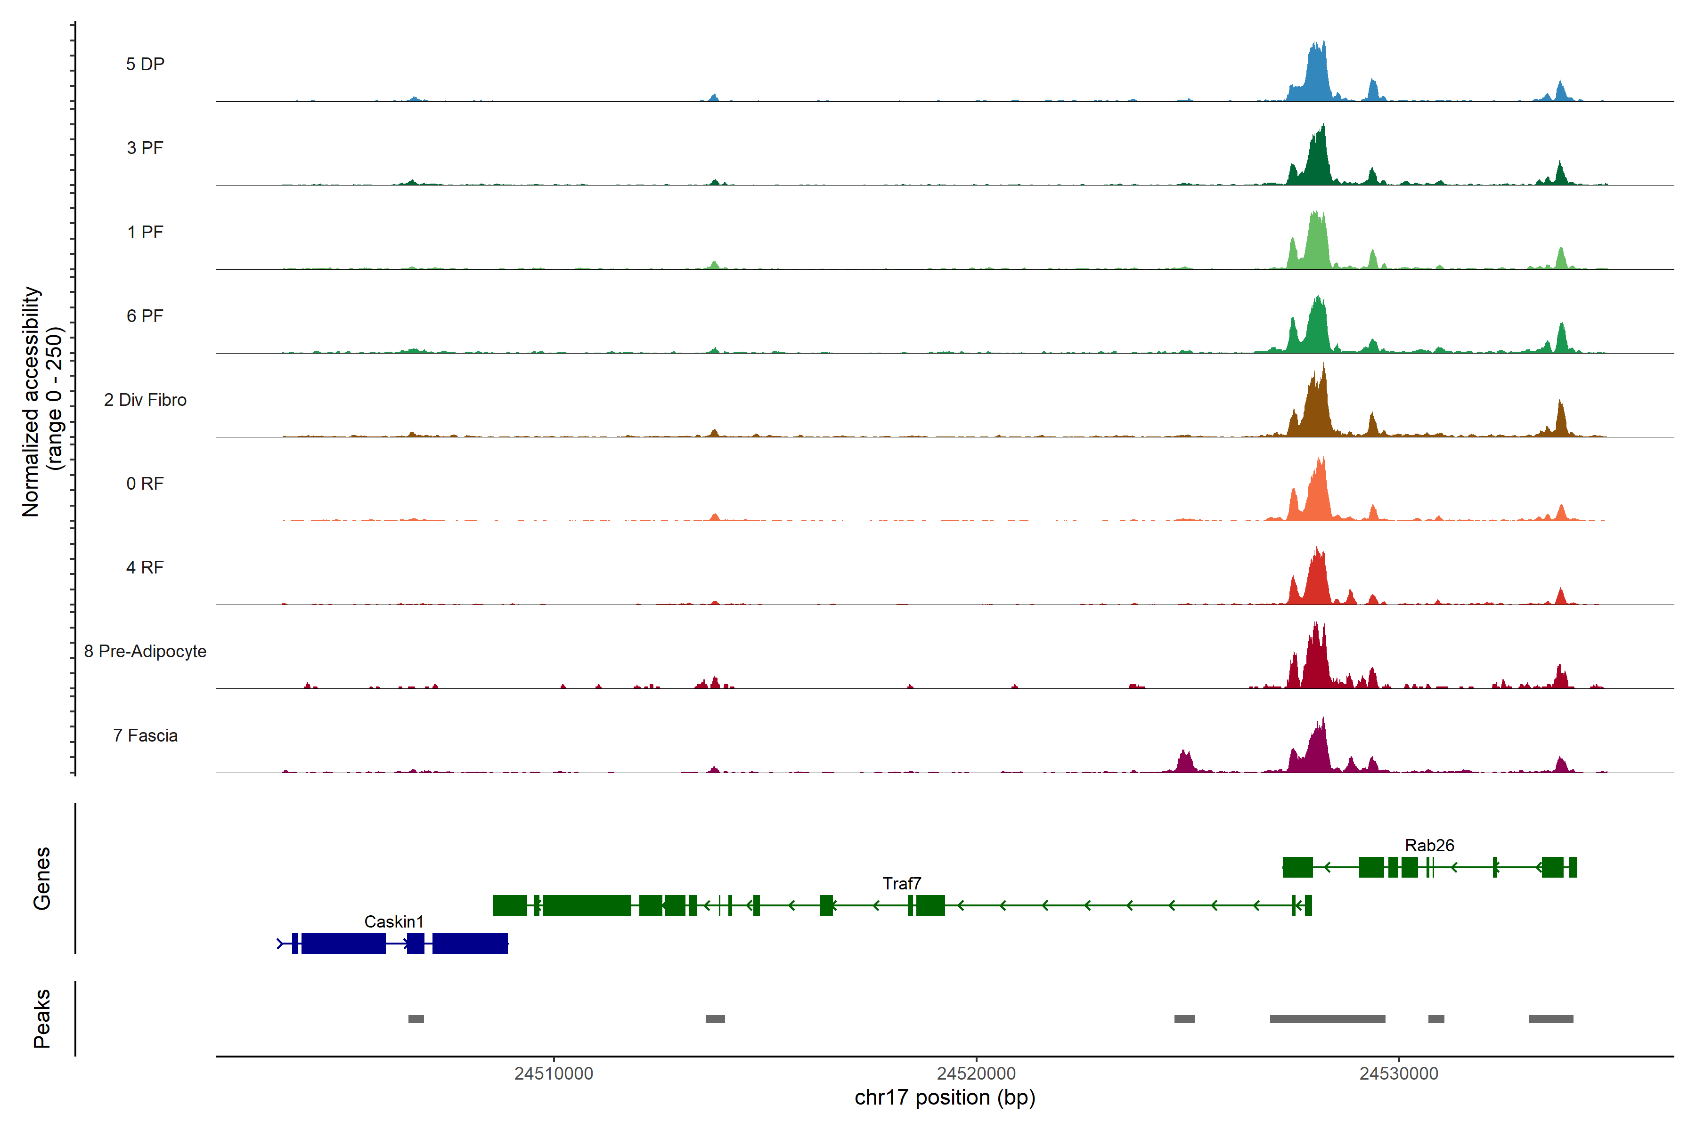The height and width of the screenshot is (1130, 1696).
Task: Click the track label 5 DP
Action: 145,64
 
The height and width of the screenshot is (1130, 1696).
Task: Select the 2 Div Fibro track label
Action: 145,400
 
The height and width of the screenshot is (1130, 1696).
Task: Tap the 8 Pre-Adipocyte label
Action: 145,652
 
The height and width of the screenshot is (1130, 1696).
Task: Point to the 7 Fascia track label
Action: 145,736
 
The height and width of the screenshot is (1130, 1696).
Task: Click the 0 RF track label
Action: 145,484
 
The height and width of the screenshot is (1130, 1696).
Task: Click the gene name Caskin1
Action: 394,922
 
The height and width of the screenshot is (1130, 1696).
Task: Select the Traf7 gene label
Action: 901,884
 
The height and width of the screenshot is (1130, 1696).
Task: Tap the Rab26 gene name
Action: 1429,845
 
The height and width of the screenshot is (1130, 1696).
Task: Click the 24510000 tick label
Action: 554,1074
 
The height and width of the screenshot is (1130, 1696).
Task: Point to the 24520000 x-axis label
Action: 976,1074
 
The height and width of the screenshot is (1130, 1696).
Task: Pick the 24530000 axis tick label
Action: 1399,1074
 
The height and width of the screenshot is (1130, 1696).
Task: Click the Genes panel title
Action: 42,879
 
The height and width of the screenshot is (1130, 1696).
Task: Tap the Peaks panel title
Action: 42,1018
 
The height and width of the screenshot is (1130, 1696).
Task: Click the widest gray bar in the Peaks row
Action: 1328,1019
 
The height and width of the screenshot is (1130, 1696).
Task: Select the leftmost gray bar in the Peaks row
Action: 416,1019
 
